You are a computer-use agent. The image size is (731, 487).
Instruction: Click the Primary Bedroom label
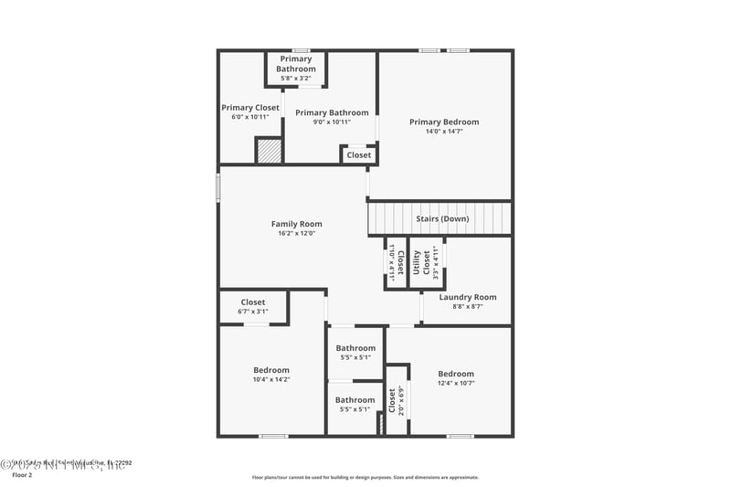[443, 122]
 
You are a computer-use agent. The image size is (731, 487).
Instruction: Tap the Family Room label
[296, 224]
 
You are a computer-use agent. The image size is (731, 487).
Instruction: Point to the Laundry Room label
[467, 297]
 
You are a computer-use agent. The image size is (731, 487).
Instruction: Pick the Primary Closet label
[249, 108]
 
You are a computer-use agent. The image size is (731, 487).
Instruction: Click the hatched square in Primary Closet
[268, 151]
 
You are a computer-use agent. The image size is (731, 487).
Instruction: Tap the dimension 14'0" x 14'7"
[443, 132]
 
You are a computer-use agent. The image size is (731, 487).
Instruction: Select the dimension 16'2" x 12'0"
[296, 234]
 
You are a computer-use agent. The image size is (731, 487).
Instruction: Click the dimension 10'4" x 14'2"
[270, 379]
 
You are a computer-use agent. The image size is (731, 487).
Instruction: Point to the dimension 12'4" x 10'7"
[455, 383]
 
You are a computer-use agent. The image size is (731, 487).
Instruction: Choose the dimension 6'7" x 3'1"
[252, 312]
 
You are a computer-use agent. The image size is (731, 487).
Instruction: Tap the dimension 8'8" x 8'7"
[467, 307]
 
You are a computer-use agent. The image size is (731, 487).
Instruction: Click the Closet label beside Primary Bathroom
[359, 155]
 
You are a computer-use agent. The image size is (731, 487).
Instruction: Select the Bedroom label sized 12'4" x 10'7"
[455, 374]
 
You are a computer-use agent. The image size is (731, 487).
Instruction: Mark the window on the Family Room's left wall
[217, 186]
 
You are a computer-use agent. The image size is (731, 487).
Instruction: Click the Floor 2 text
[21, 475]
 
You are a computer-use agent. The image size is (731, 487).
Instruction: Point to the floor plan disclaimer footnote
[365, 477]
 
